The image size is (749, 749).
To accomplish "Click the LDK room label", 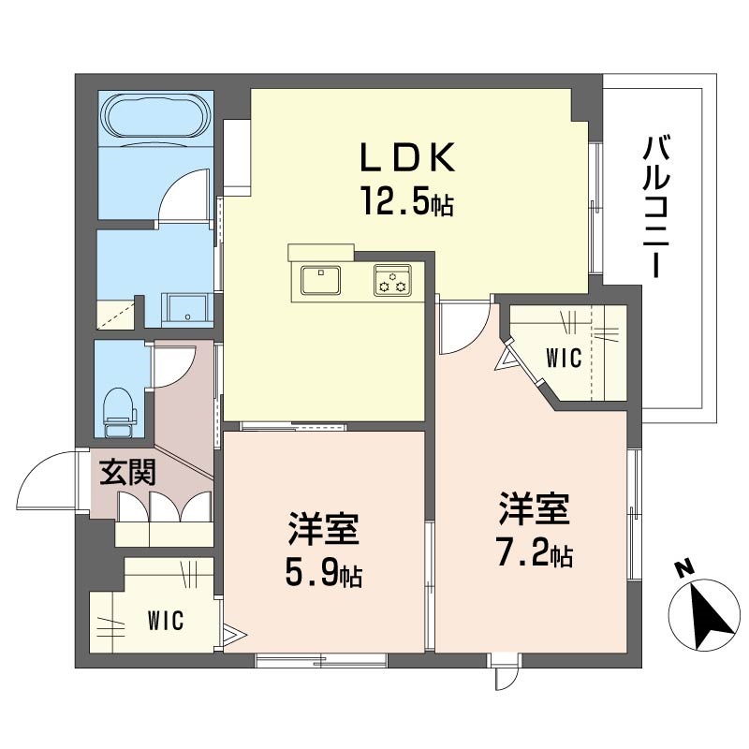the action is (406, 157).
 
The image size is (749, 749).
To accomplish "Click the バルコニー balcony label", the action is (657, 206).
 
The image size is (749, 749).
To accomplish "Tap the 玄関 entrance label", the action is (127, 473).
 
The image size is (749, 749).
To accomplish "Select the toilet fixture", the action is (120, 412).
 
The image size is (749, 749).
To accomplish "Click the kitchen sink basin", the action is (320, 280).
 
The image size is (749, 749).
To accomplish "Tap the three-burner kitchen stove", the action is (392, 280).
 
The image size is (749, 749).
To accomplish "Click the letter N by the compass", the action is (684, 568).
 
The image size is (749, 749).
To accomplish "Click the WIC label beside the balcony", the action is (565, 358).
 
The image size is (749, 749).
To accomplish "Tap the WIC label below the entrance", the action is (166, 620).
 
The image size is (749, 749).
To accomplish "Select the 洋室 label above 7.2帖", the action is (535, 508).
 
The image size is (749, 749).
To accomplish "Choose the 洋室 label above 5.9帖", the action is (323, 529).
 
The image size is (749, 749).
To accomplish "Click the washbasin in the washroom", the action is (186, 310).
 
